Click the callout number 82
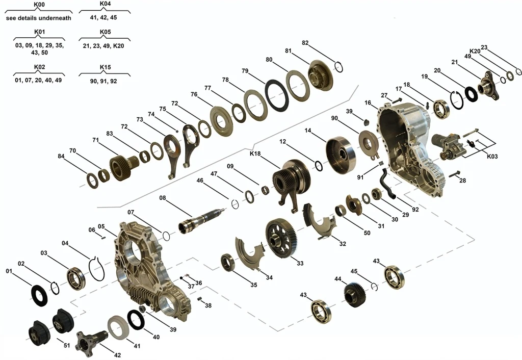[x=305, y=43]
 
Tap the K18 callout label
[x=255, y=153]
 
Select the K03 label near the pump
[x=492, y=156]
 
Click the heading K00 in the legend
[x=39, y=5]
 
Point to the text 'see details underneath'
[x=39, y=18]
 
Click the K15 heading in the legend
[x=105, y=67]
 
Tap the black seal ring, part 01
[x=40, y=296]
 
